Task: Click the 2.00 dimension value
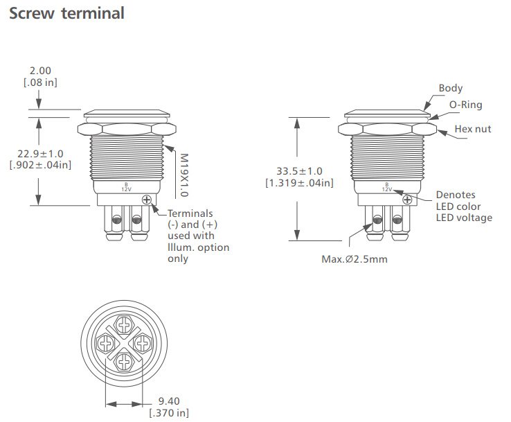click(41, 71)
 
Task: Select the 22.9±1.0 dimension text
click(41, 152)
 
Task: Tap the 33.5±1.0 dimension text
click(298, 171)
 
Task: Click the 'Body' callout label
click(450, 89)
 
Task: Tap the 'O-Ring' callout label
click(466, 105)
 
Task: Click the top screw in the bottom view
click(124, 324)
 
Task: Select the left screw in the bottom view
click(107, 342)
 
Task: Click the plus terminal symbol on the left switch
click(147, 200)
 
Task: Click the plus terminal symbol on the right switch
click(407, 200)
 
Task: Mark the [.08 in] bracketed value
click(41, 82)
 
